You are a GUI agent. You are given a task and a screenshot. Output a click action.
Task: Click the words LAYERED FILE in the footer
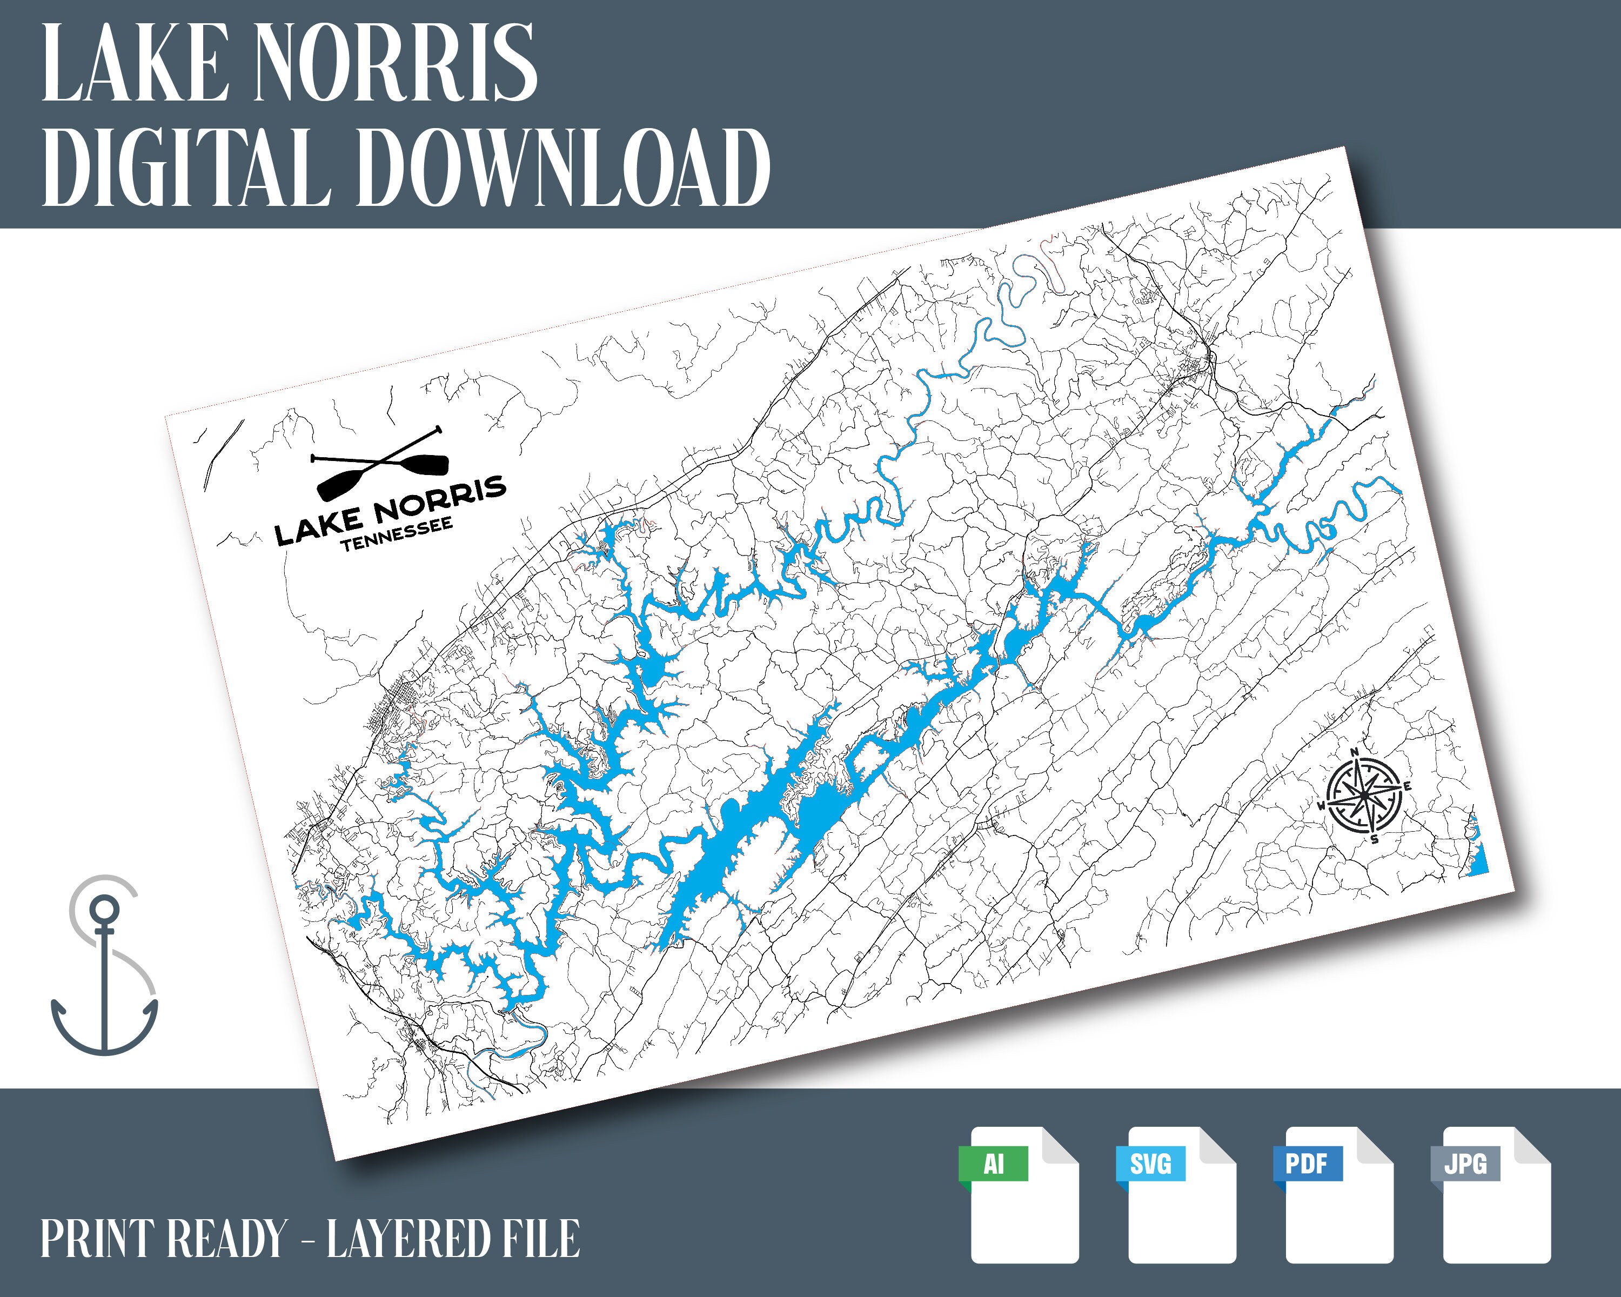pyautogui.click(x=453, y=1239)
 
